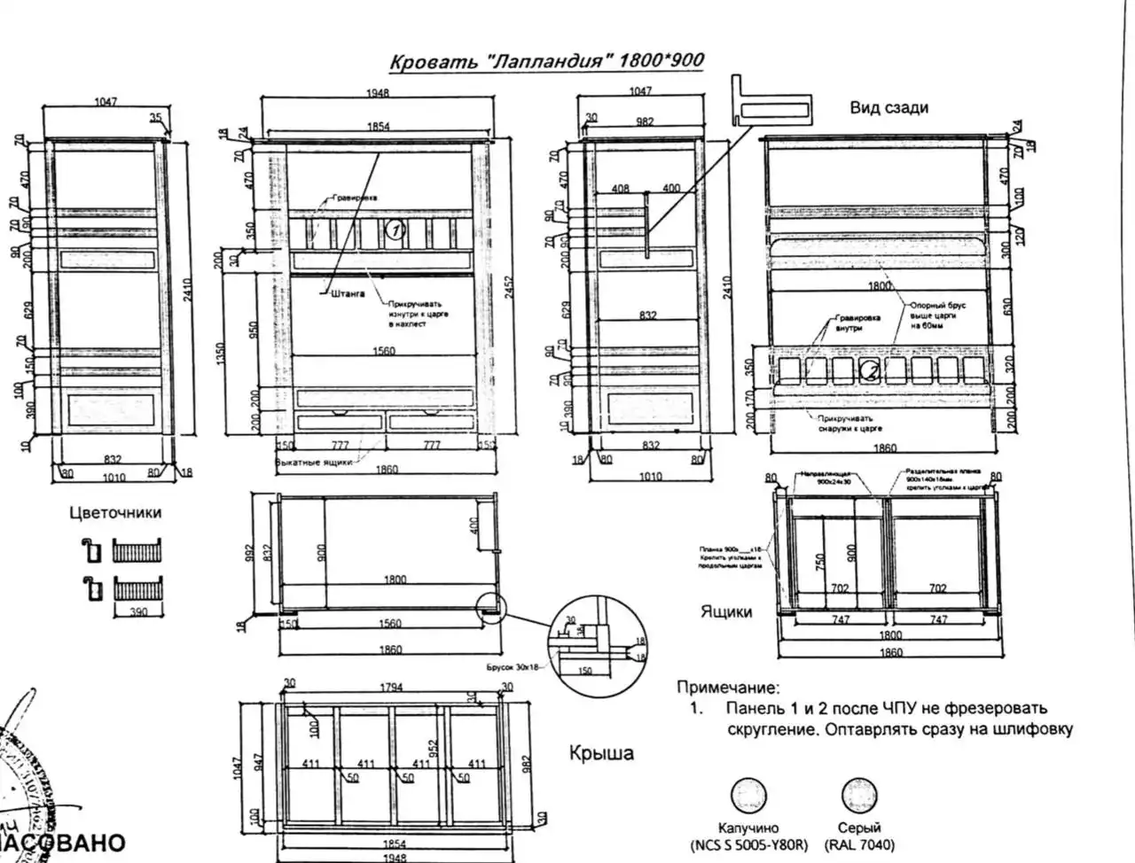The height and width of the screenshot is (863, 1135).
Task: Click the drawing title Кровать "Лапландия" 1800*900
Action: click(x=547, y=61)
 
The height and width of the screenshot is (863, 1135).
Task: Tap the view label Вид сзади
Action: click(x=888, y=108)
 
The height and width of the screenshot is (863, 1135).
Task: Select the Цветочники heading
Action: click(x=115, y=512)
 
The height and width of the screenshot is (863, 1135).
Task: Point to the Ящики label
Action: click(x=726, y=611)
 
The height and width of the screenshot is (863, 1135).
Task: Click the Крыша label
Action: click(x=601, y=753)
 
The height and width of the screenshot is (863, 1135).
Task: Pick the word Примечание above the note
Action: click(x=729, y=687)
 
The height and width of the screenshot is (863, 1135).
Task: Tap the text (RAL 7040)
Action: click(x=859, y=845)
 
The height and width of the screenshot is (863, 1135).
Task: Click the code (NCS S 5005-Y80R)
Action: click(x=749, y=845)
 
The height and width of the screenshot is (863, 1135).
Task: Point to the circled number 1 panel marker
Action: click(x=395, y=231)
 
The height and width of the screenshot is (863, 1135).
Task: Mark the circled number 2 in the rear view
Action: click(x=873, y=371)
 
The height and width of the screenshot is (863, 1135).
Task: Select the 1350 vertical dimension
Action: click(x=220, y=353)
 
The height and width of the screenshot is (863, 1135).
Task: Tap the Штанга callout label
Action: click(x=348, y=293)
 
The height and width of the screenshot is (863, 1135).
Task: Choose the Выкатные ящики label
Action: click(x=311, y=462)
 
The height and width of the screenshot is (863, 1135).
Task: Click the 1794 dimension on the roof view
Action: click(x=390, y=688)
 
